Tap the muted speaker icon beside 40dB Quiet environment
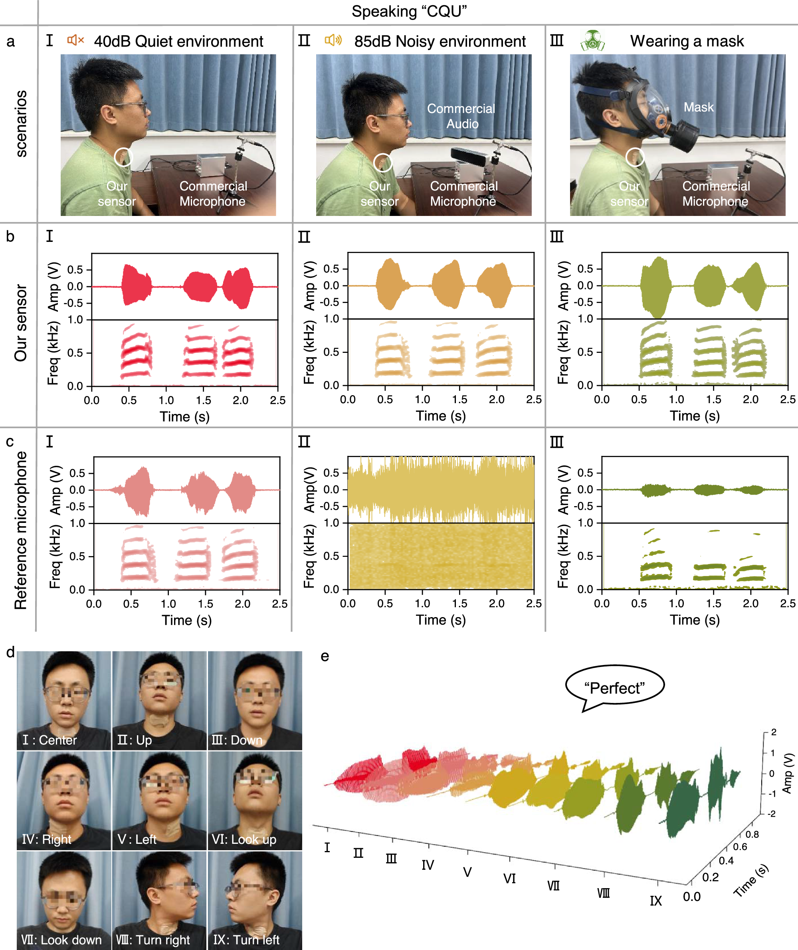(x=75, y=40)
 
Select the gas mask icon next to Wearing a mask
(x=593, y=41)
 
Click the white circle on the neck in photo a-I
(x=123, y=157)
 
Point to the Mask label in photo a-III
(x=698, y=107)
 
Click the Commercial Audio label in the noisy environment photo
(x=461, y=116)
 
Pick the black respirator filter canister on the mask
(x=683, y=136)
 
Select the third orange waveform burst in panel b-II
(x=495, y=285)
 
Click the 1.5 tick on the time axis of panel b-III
(x=713, y=399)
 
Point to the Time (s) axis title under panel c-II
(x=441, y=620)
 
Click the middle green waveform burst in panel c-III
(x=709, y=489)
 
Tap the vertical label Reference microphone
(x=20, y=530)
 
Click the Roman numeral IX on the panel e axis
(x=655, y=901)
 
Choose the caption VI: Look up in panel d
(x=244, y=839)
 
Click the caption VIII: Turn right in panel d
(x=153, y=940)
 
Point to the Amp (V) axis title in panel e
(x=788, y=773)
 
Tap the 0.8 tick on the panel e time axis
(x=752, y=834)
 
